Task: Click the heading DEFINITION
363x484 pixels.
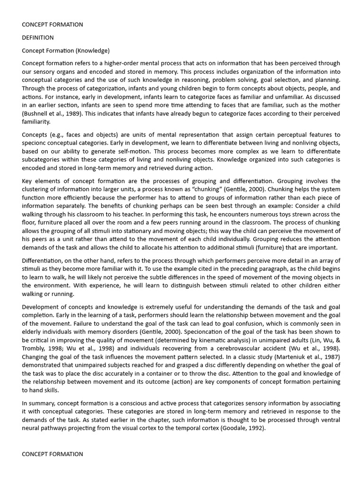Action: tap(38, 37)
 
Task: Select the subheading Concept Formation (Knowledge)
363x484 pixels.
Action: tap(66, 50)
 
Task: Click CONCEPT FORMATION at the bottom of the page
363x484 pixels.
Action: tap(52, 454)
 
